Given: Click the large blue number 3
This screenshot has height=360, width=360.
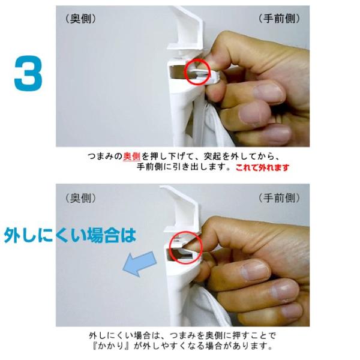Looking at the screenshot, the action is (28, 73).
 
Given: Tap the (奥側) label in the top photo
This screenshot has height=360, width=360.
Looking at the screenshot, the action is (81, 19).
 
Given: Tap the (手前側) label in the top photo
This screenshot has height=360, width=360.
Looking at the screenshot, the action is (279, 19).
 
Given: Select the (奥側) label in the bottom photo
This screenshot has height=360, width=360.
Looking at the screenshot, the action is (81, 198).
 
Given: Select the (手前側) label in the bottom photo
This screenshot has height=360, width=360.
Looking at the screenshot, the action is (279, 198).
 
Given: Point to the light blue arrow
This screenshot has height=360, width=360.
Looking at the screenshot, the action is (139, 263).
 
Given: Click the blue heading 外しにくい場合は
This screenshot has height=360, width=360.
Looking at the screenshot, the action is (70, 235).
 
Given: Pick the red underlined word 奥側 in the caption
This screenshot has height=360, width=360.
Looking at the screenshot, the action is (132, 157).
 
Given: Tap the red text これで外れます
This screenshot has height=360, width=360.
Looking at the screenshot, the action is (262, 167).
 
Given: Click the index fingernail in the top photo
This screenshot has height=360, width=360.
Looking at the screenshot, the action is (268, 92).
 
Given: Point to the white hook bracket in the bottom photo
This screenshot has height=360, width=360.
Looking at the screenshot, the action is (181, 209).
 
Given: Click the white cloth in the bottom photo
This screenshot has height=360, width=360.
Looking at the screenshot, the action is (206, 308).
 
